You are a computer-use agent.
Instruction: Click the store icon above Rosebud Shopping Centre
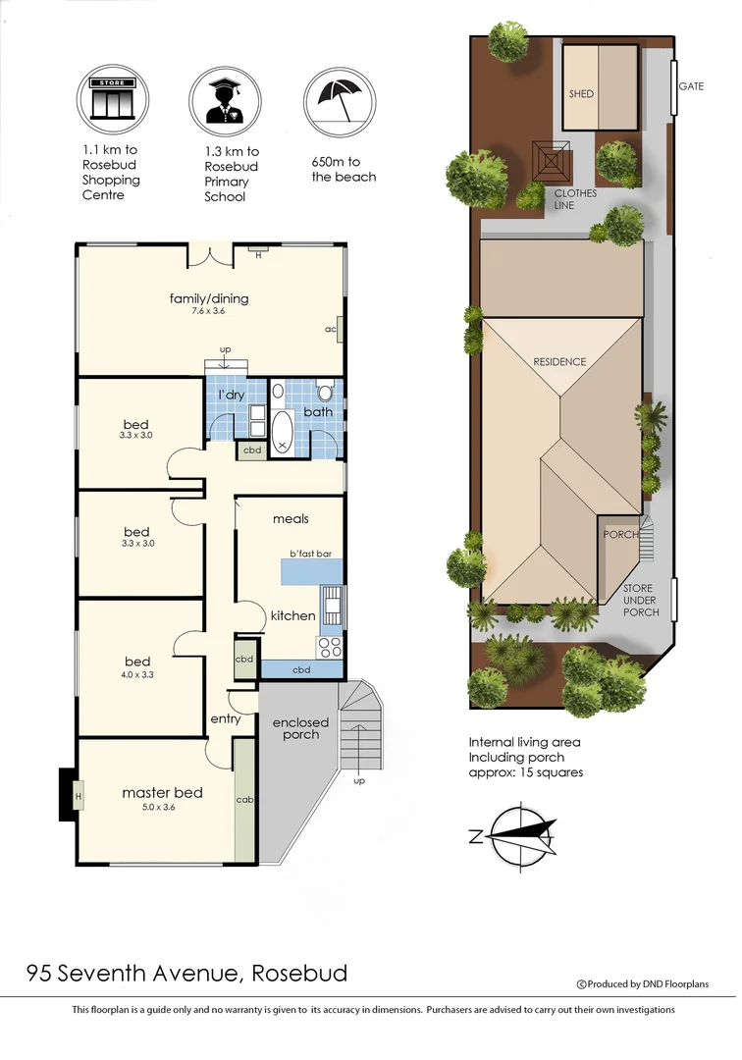[107, 98]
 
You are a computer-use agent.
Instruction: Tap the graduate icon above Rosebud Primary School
[225, 98]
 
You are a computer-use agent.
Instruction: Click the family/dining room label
[209, 297]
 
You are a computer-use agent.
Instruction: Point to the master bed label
[162, 792]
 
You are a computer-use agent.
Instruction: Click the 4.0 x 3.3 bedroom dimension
[137, 674]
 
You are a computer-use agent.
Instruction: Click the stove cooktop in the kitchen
[330, 646]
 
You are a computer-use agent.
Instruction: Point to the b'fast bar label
[309, 554]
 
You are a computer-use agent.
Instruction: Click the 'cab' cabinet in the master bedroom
[244, 800]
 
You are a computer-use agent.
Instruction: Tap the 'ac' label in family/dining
[331, 329]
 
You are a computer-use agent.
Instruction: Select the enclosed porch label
[301, 728]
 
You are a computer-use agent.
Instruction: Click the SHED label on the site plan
[582, 94]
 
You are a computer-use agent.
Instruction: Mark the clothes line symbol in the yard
[552, 160]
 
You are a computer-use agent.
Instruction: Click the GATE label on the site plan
[691, 86]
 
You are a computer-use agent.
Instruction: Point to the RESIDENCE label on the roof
[559, 361]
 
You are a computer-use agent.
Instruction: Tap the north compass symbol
[519, 836]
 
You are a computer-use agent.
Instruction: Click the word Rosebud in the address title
[299, 974]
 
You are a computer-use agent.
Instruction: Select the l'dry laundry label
[232, 396]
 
